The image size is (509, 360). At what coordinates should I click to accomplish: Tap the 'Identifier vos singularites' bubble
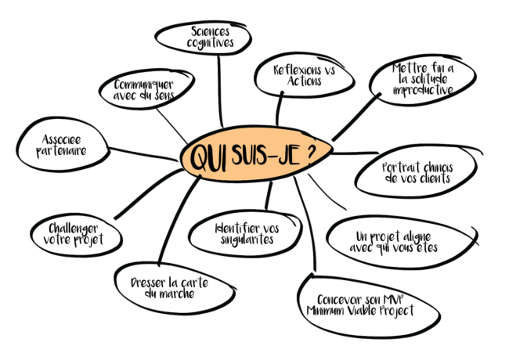coord(246,233)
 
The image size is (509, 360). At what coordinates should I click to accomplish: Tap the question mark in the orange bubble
coord(312,153)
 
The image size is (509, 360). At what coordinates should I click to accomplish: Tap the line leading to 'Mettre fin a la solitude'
coord(356,117)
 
